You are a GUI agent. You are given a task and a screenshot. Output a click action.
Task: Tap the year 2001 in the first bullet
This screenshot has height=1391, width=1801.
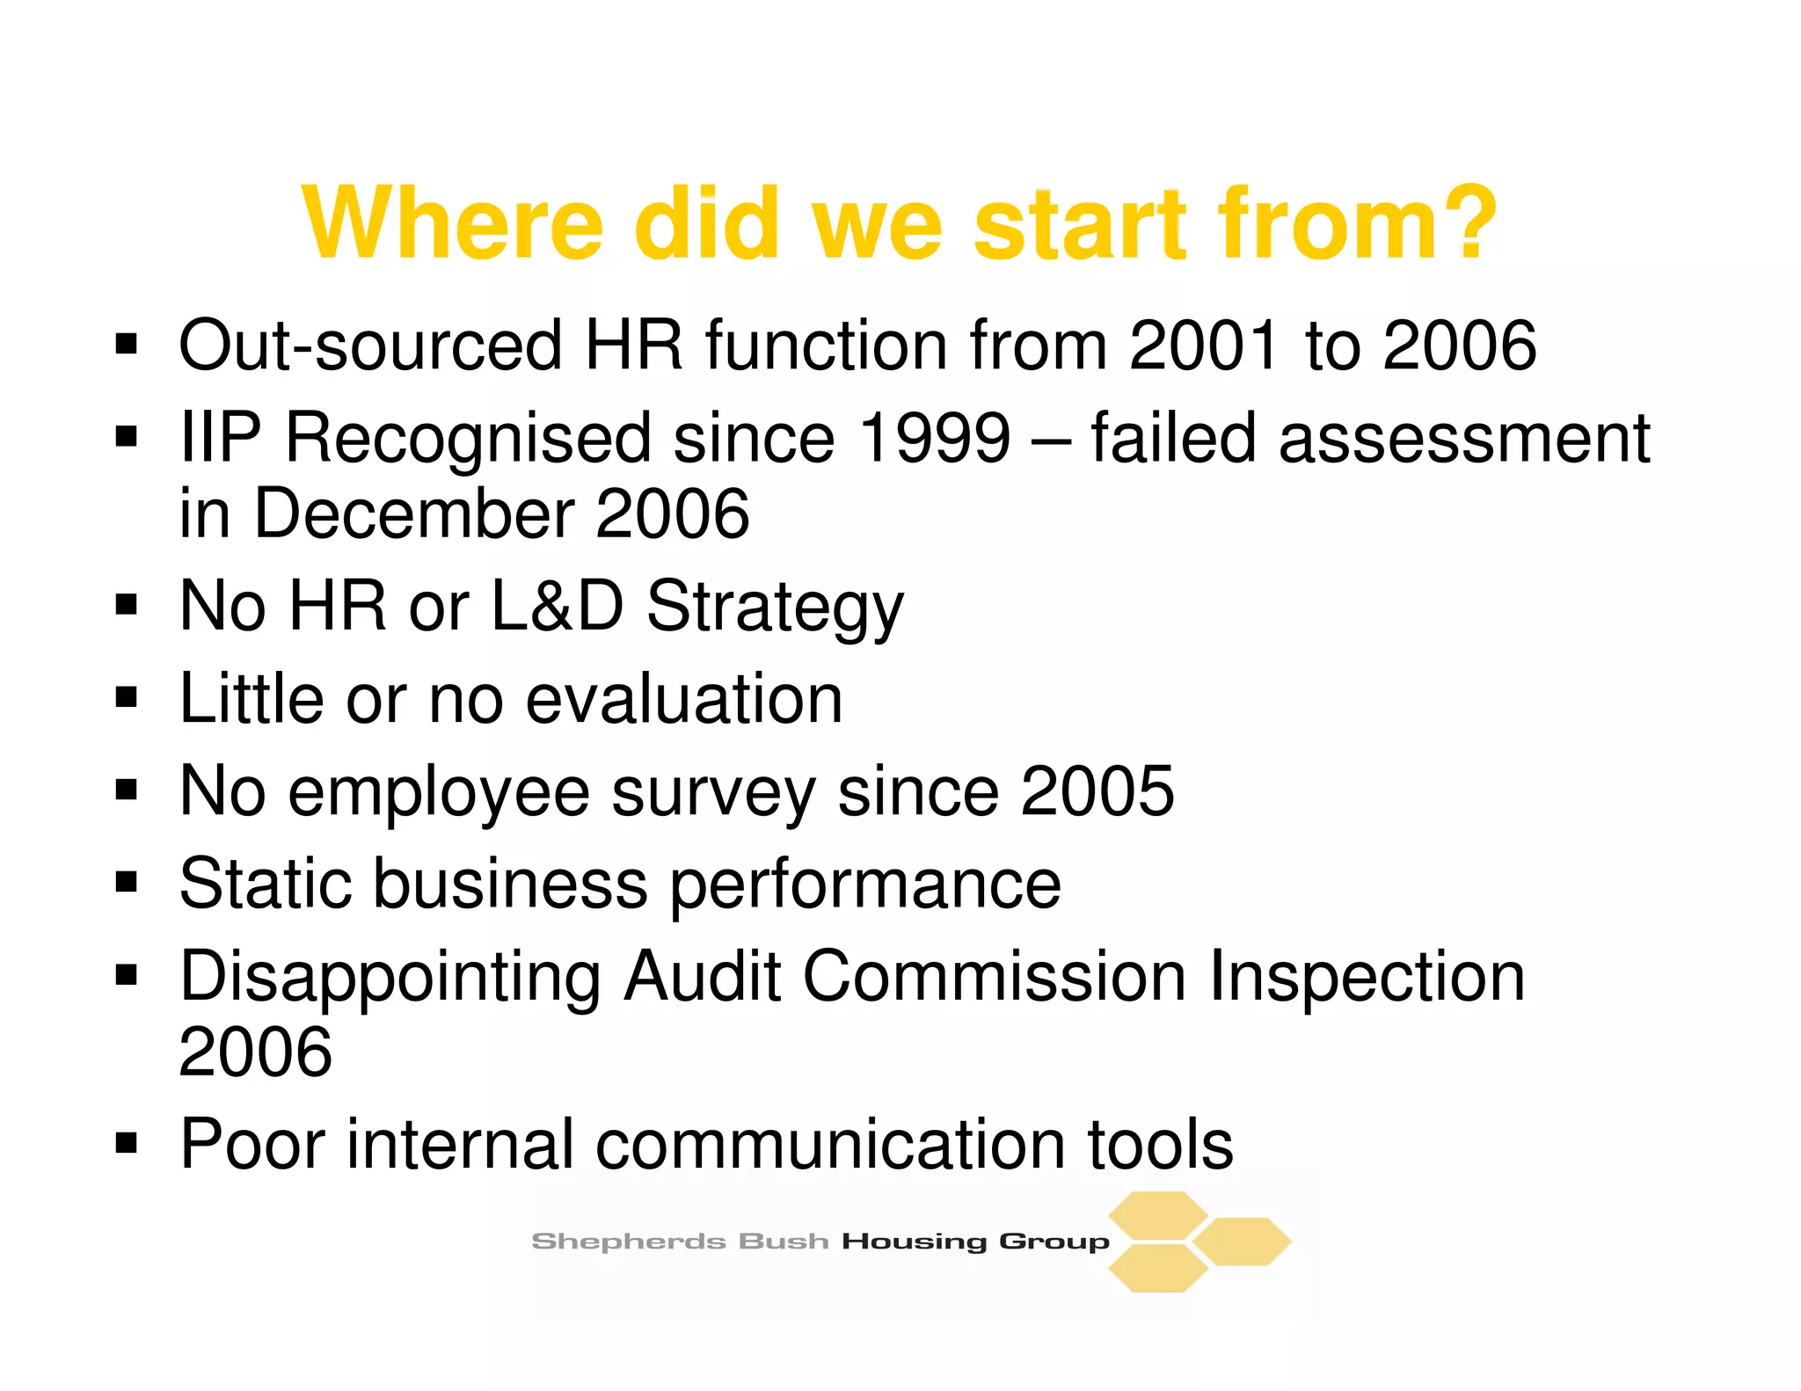point(1203,345)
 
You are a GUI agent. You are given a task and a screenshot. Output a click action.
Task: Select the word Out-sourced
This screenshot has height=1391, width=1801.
point(370,345)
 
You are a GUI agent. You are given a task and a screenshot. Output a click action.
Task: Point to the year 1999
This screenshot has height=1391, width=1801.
point(934,437)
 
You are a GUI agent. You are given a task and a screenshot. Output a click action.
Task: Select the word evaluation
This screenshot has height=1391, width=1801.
point(684,698)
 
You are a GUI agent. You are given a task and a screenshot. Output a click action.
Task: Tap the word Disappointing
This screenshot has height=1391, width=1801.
point(390,978)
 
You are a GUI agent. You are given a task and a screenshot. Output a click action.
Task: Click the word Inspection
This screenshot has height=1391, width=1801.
point(1367,978)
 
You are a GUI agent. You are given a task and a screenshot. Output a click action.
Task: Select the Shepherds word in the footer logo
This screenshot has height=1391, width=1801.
point(628,1242)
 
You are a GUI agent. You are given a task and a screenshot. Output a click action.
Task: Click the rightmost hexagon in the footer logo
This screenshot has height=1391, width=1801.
point(1243,1242)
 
